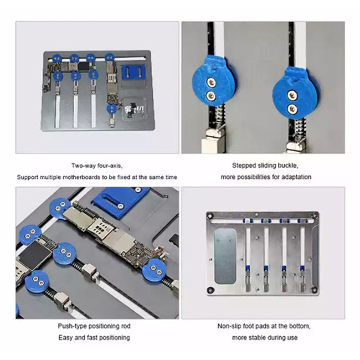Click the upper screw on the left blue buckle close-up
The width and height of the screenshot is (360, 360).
pyautogui.click(x=210, y=82)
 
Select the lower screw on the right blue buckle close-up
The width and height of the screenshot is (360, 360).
pyautogui.click(x=292, y=108)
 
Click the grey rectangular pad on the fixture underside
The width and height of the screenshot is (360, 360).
pyautogui.click(x=225, y=256)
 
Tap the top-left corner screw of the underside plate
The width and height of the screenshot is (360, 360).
pyautogui.click(x=209, y=216)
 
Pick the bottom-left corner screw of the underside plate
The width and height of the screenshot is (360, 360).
pyautogui.click(x=210, y=290)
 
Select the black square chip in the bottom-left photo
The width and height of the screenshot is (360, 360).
pyautogui.click(x=34, y=255)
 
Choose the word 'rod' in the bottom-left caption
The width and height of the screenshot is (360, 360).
pyautogui.click(x=126, y=326)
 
